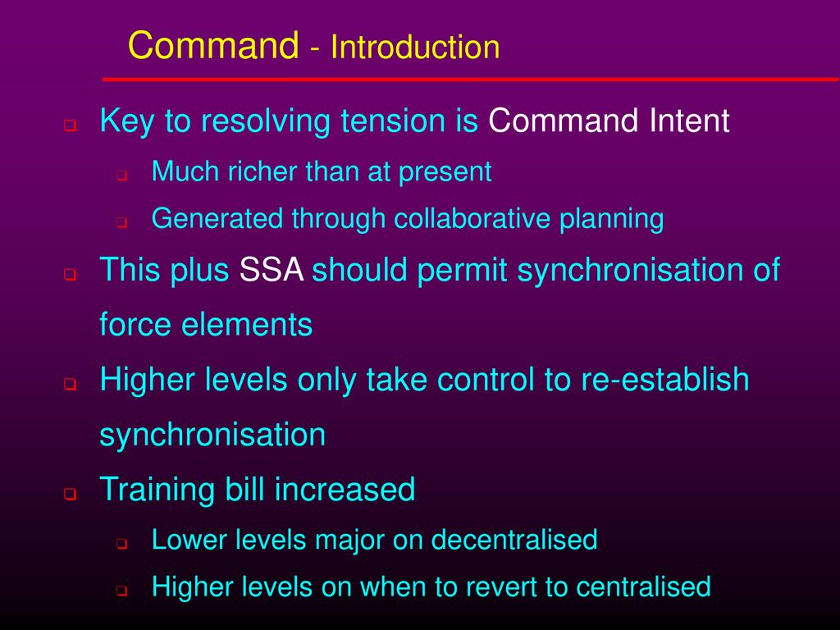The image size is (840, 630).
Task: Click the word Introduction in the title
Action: point(415,47)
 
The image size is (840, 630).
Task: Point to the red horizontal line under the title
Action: point(470,80)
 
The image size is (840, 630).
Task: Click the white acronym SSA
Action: point(271,269)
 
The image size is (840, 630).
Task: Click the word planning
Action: point(611,220)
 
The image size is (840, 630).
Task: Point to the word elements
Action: point(247,325)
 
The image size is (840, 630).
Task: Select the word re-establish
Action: point(664,379)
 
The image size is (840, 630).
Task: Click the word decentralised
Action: point(514,540)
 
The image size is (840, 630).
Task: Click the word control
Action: point(486,379)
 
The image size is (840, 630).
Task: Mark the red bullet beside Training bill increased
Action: point(71,493)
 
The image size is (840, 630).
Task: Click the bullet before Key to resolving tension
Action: point(71,126)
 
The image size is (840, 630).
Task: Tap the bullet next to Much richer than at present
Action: point(122,176)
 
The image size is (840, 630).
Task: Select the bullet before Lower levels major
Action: point(122,544)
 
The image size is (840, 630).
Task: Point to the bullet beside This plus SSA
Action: point(71,274)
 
